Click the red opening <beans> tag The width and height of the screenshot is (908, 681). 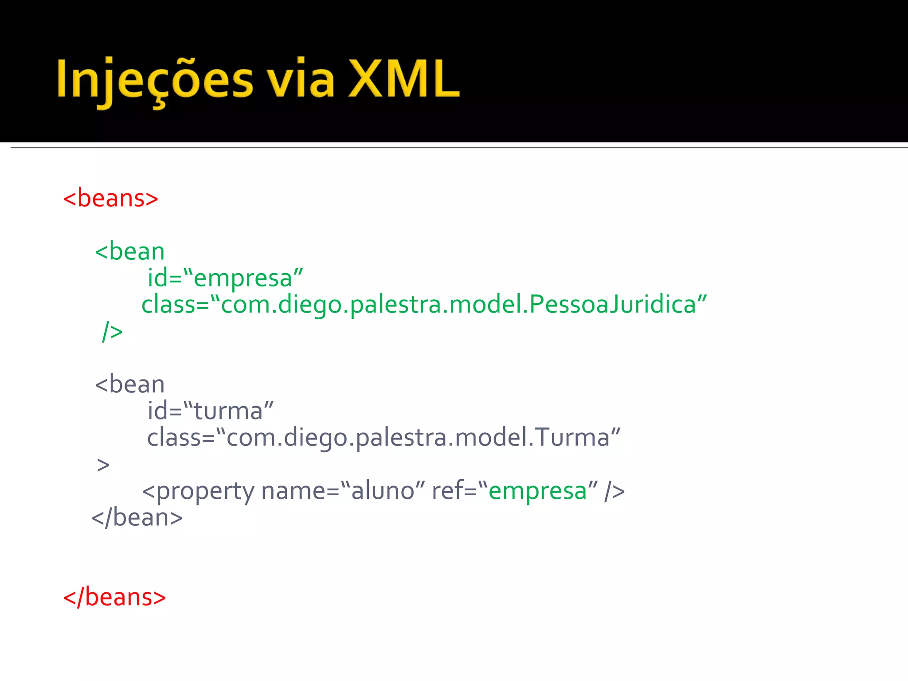[x=111, y=198]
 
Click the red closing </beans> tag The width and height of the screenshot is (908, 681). [x=114, y=597]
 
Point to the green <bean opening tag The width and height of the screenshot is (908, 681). [x=129, y=252]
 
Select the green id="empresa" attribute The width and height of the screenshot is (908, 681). [x=225, y=278]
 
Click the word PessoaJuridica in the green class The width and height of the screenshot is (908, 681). [x=612, y=305]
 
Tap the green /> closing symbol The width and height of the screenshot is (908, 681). [x=112, y=331]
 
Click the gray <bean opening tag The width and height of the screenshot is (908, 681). [x=129, y=384]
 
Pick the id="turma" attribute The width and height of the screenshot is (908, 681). [x=211, y=411]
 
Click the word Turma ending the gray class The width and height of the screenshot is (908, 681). [x=572, y=438]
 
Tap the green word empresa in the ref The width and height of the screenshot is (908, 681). [x=537, y=491]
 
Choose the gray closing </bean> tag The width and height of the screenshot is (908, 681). [x=137, y=518]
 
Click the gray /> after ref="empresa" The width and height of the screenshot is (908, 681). [x=614, y=491]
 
